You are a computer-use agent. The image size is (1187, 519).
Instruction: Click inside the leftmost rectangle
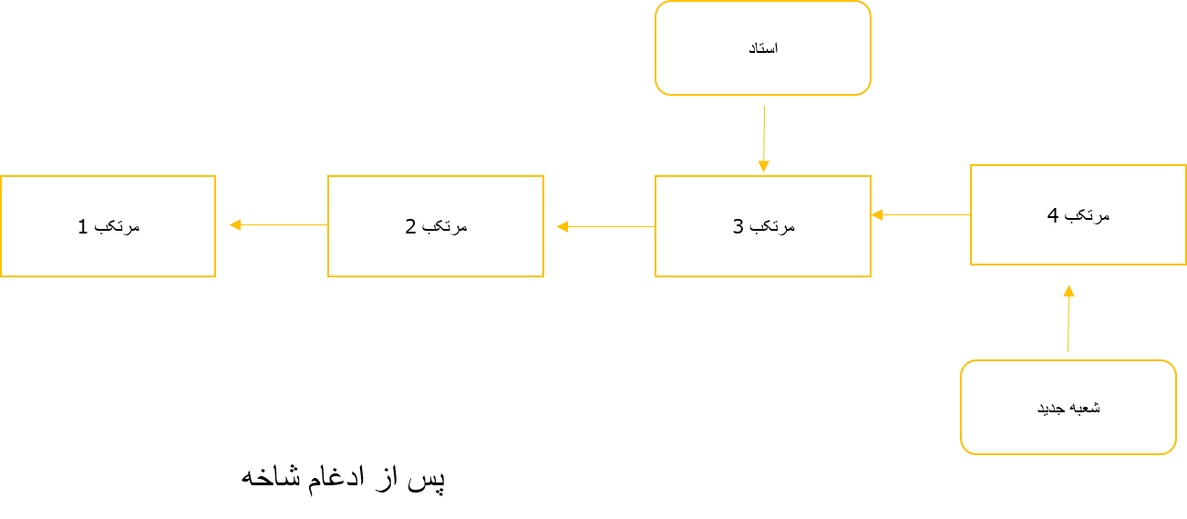pyautogui.click(x=108, y=226)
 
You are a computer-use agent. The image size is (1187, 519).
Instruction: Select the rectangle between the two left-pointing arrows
pyautogui.click(x=436, y=226)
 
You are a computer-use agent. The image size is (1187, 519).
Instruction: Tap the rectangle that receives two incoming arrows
pyautogui.click(x=763, y=226)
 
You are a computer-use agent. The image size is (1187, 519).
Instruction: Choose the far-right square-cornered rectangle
pyautogui.click(x=1079, y=215)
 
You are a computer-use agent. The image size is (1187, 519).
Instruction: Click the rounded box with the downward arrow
pyautogui.click(x=763, y=48)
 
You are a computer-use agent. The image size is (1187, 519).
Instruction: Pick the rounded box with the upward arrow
pyautogui.click(x=1068, y=407)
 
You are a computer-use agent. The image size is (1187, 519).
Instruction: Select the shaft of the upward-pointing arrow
pyautogui.click(x=1068, y=324)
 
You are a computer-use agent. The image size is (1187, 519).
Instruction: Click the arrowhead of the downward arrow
pyautogui.click(x=763, y=167)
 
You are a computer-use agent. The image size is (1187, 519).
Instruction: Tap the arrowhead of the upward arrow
pyautogui.click(x=1068, y=291)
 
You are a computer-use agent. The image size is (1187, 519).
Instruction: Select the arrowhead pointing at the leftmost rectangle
pyautogui.click(x=234, y=224)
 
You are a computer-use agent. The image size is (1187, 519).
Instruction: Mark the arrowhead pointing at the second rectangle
pyautogui.click(x=562, y=226)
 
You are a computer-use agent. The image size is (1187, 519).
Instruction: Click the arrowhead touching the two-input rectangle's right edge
pyautogui.click(x=876, y=214)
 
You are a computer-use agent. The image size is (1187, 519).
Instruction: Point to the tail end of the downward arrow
pyautogui.click(x=765, y=106)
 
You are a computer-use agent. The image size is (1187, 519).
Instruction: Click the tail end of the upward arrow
pyautogui.click(x=1068, y=351)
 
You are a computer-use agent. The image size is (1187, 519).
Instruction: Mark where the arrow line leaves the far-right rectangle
pyautogui.click(x=970, y=215)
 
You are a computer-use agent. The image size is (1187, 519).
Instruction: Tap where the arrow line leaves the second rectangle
pyautogui.click(x=327, y=224)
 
